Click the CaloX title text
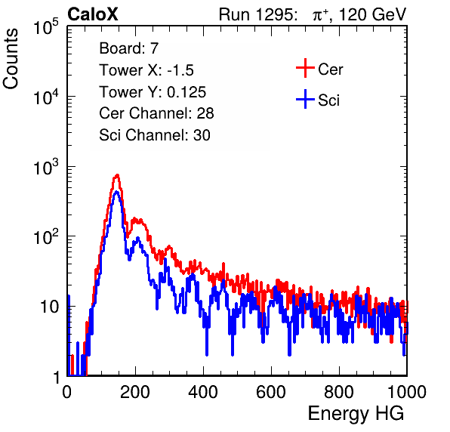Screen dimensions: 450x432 click(x=93, y=14)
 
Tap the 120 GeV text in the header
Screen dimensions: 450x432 click(x=372, y=14)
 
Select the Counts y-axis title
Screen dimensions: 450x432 click(x=11, y=59)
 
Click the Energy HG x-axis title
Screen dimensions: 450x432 click(x=356, y=414)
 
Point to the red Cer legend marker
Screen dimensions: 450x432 click(x=305, y=68)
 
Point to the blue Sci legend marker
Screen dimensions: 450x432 click(x=305, y=100)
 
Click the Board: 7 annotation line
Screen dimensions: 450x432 click(x=128, y=48)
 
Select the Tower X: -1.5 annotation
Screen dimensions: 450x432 click(x=146, y=70)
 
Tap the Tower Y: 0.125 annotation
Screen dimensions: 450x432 click(x=153, y=92)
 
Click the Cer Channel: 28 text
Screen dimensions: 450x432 click(x=156, y=113)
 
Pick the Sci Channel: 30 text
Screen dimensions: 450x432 click(x=155, y=135)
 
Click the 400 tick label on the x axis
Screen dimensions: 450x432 click(x=203, y=392)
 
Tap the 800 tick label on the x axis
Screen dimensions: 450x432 click(x=339, y=392)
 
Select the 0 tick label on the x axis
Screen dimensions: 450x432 click(x=67, y=392)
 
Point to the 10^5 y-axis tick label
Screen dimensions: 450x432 click(x=46, y=27)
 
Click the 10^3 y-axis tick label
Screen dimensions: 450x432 click(x=46, y=167)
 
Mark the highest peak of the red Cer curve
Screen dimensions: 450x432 click(x=117, y=174)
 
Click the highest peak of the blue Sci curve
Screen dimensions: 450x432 click(x=116, y=192)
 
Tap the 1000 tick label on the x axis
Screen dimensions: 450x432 click(x=407, y=392)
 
